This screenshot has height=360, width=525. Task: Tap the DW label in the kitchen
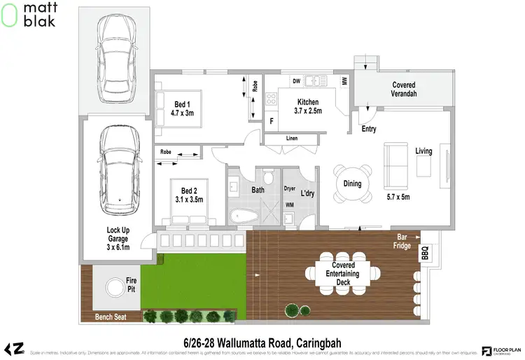coord(297,82)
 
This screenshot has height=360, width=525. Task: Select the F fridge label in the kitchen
coord(272,121)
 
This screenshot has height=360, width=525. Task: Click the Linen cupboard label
coord(291,139)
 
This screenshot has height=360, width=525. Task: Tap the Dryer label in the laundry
coord(290,189)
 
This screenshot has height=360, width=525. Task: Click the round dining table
coord(352,184)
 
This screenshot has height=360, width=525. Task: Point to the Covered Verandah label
coord(403,90)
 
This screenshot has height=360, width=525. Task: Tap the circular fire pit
coord(113,287)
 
